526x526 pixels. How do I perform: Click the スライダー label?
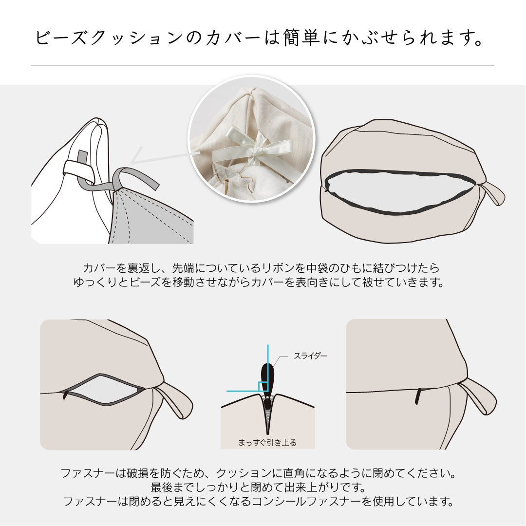click(x=310, y=356)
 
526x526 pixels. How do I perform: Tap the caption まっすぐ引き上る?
click(x=267, y=442)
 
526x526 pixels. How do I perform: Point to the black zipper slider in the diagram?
click(x=267, y=377)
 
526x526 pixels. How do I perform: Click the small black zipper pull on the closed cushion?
click(x=418, y=396)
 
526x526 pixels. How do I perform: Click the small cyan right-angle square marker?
click(x=263, y=386)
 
